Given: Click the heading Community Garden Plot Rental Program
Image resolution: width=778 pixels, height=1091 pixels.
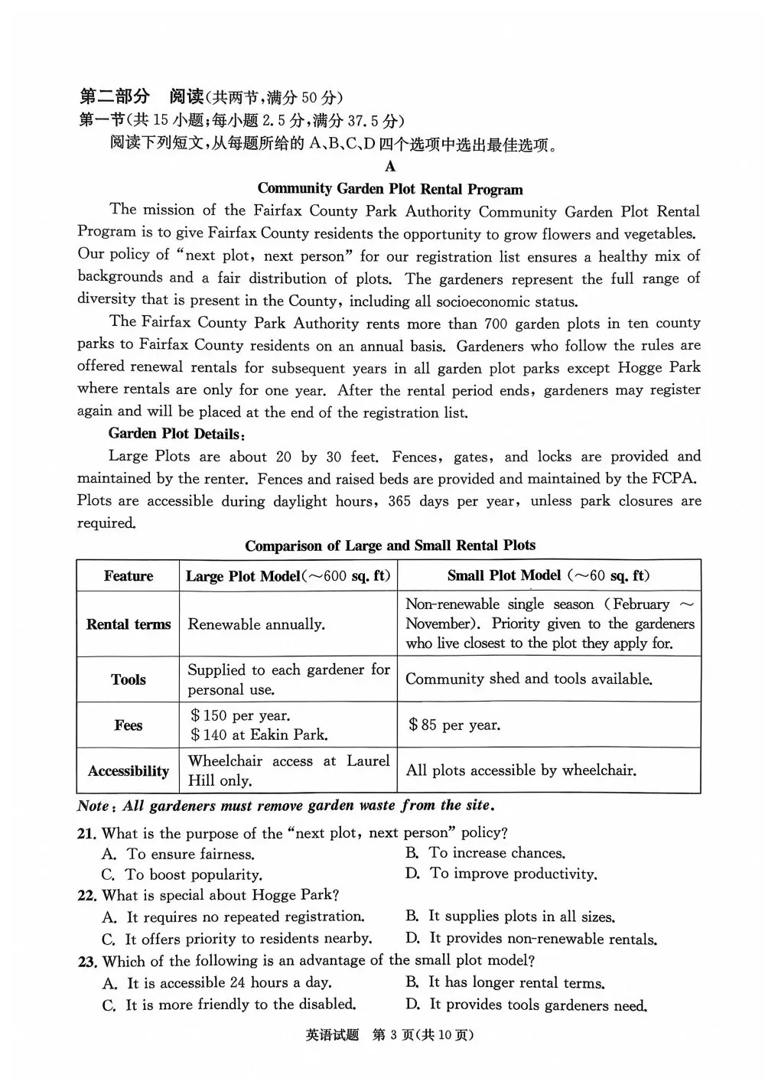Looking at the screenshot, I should (390, 189).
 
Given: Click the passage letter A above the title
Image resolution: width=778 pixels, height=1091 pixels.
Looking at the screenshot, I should (390, 167).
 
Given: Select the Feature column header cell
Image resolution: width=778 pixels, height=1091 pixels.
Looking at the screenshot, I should (128, 576).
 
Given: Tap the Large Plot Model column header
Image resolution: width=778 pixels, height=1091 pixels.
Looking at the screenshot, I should (288, 576).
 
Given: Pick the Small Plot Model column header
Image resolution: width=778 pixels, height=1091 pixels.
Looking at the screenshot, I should (548, 575).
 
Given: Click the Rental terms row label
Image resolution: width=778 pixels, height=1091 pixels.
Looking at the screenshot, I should (128, 624).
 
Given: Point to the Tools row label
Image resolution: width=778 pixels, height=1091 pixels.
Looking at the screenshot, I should (128, 679).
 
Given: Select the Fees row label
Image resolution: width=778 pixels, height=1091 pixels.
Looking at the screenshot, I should (128, 725).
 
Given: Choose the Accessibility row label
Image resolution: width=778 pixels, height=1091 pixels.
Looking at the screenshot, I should (128, 770).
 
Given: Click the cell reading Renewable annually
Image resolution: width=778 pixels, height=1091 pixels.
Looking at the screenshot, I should (256, 624).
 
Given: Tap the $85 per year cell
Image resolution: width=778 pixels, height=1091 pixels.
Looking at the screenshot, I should (454, 725).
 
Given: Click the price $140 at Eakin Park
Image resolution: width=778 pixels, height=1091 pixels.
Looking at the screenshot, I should (259, 735).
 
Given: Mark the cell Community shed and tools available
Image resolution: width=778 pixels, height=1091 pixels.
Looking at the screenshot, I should (529, 679).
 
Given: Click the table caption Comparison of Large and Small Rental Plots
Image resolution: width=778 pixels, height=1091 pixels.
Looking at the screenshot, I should (390, 545).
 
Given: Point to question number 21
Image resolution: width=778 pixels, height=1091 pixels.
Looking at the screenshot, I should (86, 833).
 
